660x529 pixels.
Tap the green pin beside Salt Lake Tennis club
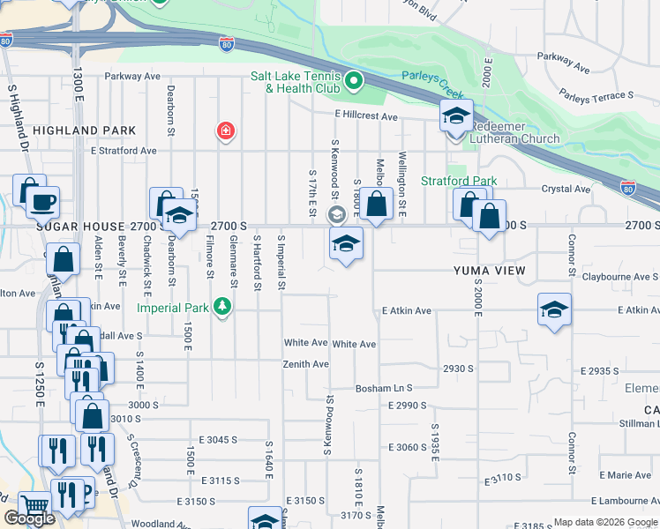[354, 82]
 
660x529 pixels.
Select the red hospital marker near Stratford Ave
[226, 131]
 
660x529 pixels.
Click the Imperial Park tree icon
[223, 307]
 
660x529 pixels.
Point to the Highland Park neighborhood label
[85, 130]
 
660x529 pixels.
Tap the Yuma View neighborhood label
[489, 270]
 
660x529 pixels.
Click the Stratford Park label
[460, 181]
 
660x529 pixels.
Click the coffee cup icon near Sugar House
[42, 203]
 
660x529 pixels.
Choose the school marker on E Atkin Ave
[554, 309]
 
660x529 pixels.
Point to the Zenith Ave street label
[305, 364]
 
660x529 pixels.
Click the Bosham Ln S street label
[384, 388]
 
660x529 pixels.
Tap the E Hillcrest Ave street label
[366, 115]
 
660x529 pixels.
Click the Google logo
[29, 518]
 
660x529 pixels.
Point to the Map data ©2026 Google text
[604, 521]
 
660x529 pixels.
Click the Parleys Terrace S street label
[596, 94]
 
